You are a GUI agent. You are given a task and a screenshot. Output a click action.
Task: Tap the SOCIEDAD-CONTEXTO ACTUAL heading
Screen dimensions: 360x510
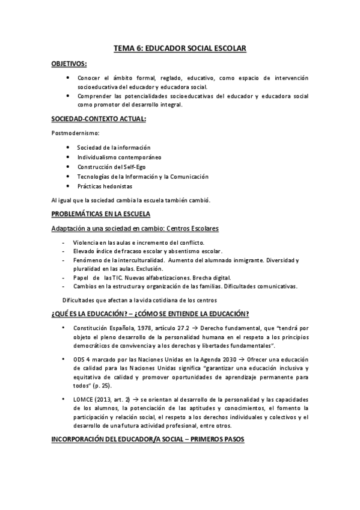pyautogui.click(x=99, y=120)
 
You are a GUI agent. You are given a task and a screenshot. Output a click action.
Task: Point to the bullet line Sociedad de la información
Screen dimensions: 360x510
pyautogui.click(x=114, y=147)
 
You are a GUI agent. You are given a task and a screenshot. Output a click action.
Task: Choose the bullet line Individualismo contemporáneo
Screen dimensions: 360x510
pyautogui.click(x=119, y=157)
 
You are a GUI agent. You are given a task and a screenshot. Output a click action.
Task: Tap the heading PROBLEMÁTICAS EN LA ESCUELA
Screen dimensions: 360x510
pyautogui.click(x=100, y=214)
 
